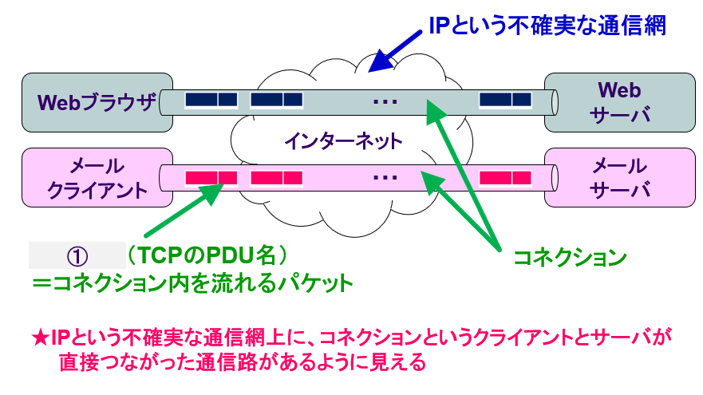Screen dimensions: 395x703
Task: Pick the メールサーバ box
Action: [x=619, y=177]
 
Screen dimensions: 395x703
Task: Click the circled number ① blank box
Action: [x=77, y=255]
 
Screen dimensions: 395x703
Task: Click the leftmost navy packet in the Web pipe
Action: [x=211, y=100]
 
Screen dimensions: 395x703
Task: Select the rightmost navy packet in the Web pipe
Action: [x=505, y=100]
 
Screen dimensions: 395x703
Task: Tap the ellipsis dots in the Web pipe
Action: [x=385, y=101]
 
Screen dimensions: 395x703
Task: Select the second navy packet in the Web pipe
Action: [x=276, y=100]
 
